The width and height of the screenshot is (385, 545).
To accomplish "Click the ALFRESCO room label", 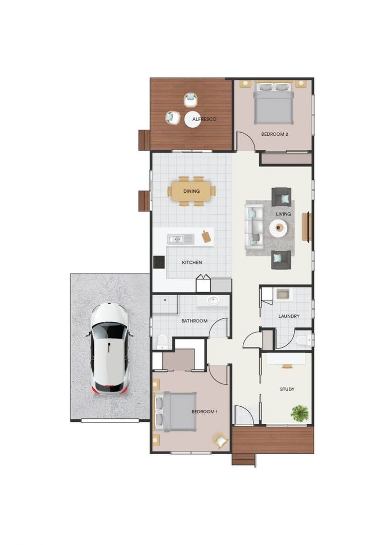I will click(205, 119).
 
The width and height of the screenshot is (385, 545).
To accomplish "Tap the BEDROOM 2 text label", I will click(275, 134).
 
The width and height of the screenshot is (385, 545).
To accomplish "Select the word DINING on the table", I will click(191, 191).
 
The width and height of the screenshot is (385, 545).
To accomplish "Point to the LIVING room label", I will click(283, 214).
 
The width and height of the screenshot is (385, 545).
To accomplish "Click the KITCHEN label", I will click(192, 262).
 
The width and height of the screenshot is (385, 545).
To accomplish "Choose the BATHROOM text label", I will click(195, 321).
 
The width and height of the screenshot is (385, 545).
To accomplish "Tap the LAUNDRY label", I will click(289, 316).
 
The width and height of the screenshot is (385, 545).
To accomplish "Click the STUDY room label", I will click(287, 389).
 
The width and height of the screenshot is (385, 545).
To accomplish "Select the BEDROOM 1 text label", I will click(205, 412).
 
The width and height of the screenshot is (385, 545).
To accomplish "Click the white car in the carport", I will click(110, 348).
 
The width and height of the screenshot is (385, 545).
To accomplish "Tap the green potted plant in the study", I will click(299, 413).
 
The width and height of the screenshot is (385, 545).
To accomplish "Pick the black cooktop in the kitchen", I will click(159, 262).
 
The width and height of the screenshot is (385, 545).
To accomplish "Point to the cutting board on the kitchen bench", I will click(206, 236).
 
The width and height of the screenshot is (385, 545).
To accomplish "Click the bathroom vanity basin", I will click(213, 301).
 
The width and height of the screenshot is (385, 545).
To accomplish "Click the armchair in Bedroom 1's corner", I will click(220, 440).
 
